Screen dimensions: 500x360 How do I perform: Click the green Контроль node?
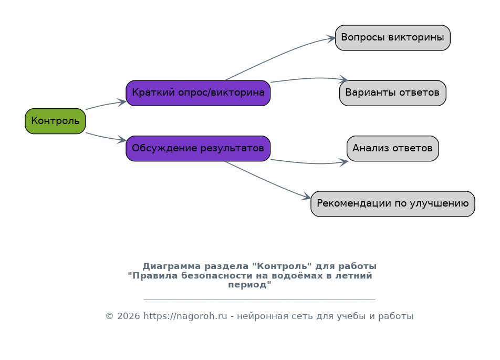pyautogui.click(x=55, y=121)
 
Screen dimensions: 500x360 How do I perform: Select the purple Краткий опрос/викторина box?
pyautogui.click(x=198, y=93)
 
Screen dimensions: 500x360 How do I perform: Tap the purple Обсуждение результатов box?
pyautogui.click(x=198, y=148)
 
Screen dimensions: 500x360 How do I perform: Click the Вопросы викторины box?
pyautogui.click(x=392, y=38)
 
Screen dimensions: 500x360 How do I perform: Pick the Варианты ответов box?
pyautogui.click(x=392, y=93)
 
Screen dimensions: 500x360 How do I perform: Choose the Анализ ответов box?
pyautogui.click(x=392, y=148)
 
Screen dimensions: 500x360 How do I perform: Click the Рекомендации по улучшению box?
pyautogui.click(x=392, y=204)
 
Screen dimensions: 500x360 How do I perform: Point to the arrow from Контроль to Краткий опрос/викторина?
pyautogui.click(x=106, y=105)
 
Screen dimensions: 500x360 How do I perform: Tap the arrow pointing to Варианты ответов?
pyautogui.click(x=309, y=78)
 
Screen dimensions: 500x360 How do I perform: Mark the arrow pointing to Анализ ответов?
pyautogui.click(x=309, y=163)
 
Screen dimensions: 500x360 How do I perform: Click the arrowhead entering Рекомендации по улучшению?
pyautogui.click(x=307, y=197)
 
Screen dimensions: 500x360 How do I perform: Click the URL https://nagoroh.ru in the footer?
pyautogui.click(x=185, y=316)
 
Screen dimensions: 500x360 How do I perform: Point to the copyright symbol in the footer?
pyautogui.click(x=109, y=316)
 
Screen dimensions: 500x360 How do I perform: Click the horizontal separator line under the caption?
pyautogui.click(x=259, y=300)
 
